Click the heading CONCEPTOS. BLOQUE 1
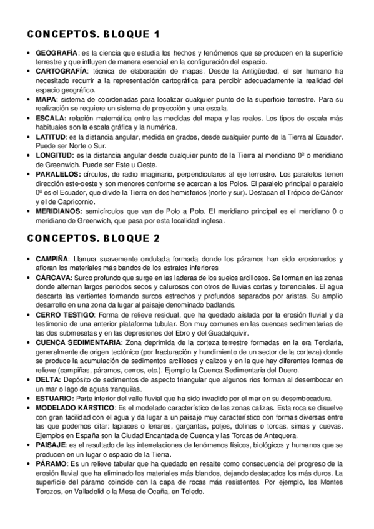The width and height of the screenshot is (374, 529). (93, 34)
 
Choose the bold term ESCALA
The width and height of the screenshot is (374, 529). (50, 117)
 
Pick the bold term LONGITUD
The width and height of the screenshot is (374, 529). (52, 154)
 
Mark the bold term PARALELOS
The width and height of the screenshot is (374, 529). (56, 173)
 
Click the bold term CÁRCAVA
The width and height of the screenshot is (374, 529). (53, 276)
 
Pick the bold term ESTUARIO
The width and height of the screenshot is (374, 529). (54, 399)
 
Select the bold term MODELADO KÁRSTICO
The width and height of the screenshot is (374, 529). (74, 407)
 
